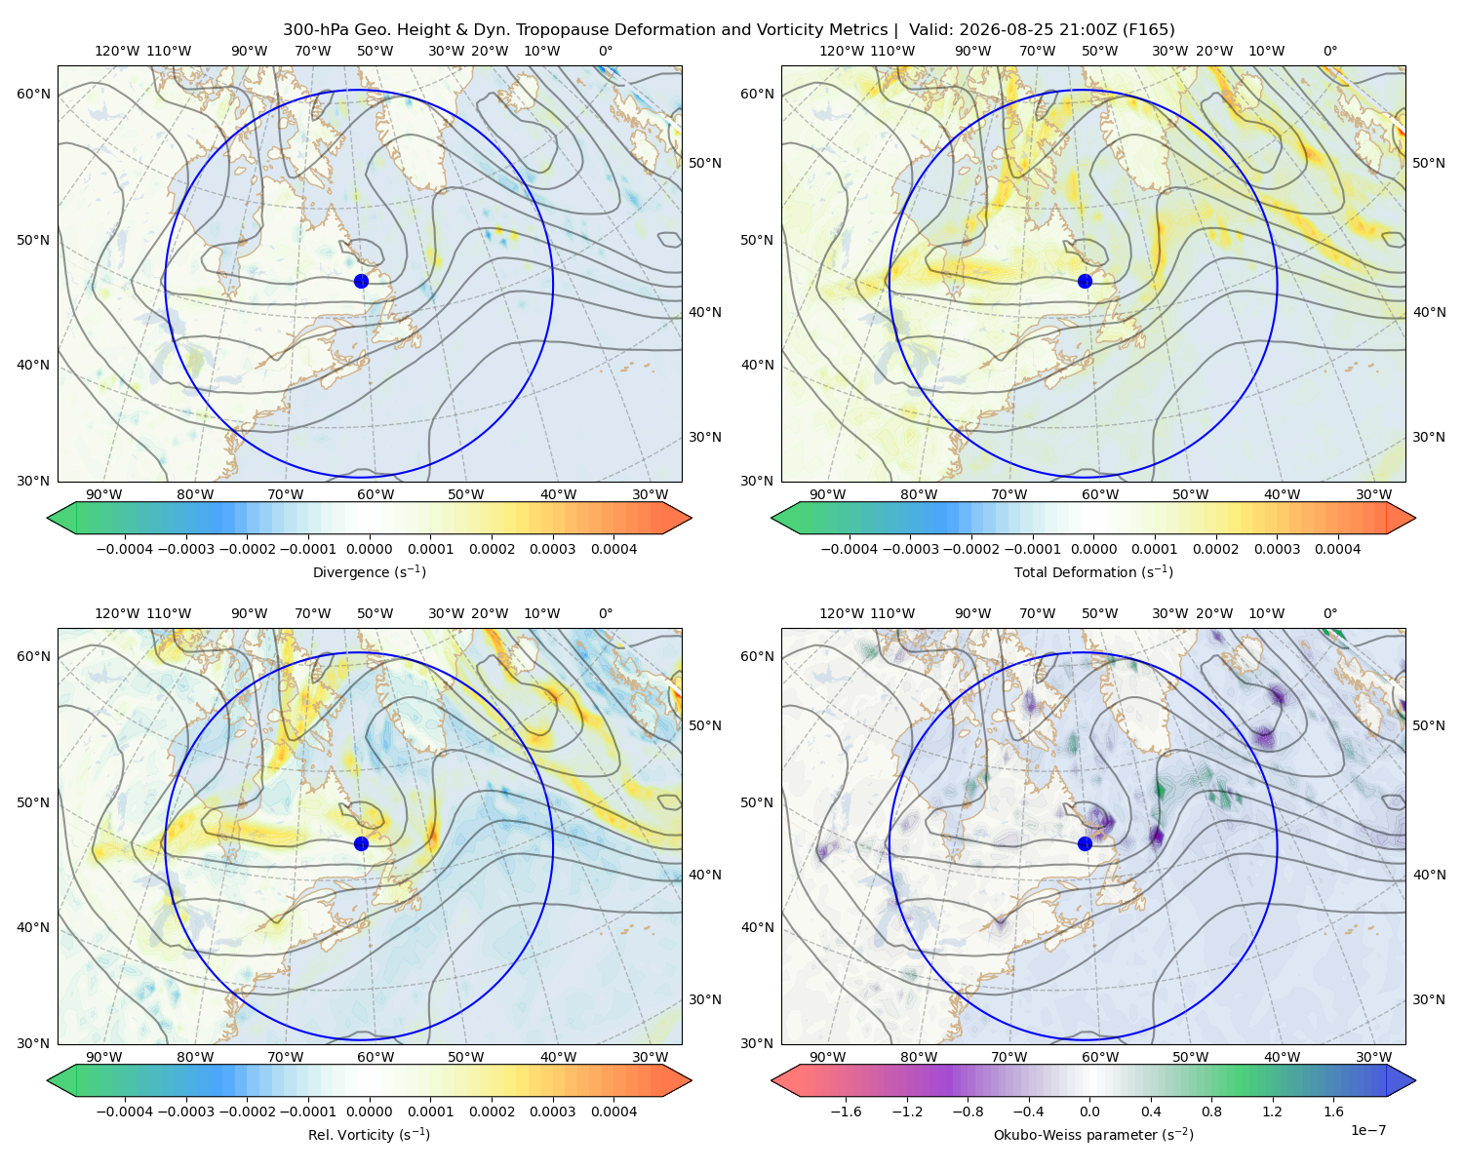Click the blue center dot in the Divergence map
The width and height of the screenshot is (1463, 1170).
point(361,281)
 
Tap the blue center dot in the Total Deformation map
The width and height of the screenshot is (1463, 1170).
point(1085,281)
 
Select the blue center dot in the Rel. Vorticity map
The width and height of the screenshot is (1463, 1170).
point(361,843)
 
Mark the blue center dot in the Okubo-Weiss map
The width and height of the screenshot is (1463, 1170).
point(1085,843)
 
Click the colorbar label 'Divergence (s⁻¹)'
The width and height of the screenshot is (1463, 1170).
point(369,571)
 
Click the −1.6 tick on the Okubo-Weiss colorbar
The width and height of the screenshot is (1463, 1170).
point(846,1111)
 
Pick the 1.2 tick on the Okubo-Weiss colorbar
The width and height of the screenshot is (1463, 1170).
point(1272,1111)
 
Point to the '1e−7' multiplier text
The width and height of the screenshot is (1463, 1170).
point(1367,1130)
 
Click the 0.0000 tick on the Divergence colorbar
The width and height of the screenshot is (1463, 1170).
point(369,549)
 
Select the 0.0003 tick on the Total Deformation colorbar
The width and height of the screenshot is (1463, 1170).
point(1277,549)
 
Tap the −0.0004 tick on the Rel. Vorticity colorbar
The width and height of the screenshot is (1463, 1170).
point(125,1111)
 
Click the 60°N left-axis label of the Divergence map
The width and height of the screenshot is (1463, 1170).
point(33,94)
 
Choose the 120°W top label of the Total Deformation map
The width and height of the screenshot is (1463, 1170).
point(842,51)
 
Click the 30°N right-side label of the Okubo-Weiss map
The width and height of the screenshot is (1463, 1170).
point(1428,999)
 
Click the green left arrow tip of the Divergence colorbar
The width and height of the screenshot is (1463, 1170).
point(48,518)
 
